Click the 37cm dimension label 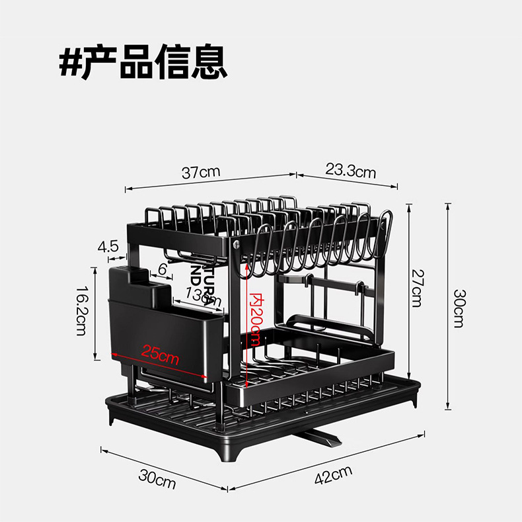point(201,173)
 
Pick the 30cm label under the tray point(157,479)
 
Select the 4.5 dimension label point(108,247)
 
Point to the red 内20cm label point(256,319)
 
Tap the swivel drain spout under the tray point(322,437)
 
